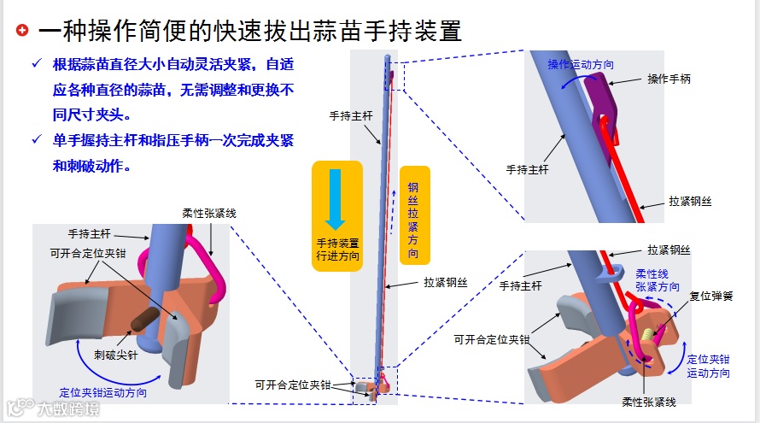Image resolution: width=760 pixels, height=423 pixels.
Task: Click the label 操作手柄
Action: [x=669, y=79]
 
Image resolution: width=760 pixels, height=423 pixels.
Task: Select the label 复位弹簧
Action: [x=711, y=296]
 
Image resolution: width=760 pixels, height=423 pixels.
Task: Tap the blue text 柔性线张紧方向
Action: [x=658, y=281]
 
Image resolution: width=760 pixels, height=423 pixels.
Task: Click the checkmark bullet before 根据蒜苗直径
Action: [x=35, y=65]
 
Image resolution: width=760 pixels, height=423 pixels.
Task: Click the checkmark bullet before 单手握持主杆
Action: [x=35, y=139]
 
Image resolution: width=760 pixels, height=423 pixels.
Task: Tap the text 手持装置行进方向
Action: [x=337, y=249]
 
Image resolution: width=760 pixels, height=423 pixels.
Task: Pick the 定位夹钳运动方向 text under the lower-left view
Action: [x=102, y=392]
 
